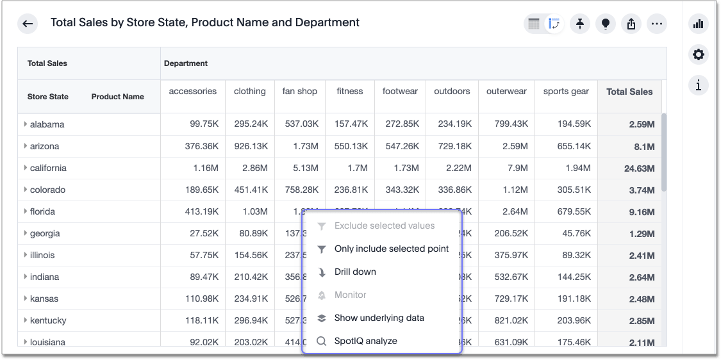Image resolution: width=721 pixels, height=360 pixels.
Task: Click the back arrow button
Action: click(x=28, y=24)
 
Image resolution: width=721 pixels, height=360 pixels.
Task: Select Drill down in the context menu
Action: click(x=355, y=272)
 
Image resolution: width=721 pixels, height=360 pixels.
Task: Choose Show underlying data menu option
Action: click(x=379, y=318)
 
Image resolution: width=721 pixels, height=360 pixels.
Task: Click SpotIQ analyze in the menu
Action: click(x=365, y=341)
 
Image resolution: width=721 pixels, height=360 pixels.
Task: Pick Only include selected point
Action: click(x=391, y=249)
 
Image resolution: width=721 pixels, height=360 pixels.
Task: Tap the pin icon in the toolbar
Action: click(x=579, y=24)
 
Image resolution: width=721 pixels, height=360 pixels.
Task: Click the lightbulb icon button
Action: click(x=605, y=24)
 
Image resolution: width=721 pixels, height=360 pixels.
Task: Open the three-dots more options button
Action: click(x=656, y=24)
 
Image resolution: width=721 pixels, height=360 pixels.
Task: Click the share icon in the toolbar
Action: click(x=631, y=24)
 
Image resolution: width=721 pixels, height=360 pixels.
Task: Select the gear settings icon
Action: click(x=699, y=54)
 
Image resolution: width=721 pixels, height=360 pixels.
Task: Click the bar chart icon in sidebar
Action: click(x=699, y=24)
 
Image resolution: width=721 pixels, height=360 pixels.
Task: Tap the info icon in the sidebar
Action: click(x=699, y=85)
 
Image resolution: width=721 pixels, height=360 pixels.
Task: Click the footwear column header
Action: click(x=400, y=91)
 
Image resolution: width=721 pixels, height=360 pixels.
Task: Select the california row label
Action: click(x=48, y=168)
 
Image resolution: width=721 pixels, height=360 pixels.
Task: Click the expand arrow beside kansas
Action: click(x=25, y=299)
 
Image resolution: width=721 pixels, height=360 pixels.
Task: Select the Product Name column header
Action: click(x=117, y=97)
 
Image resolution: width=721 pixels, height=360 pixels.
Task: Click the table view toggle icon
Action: click(x=534, y=24)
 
